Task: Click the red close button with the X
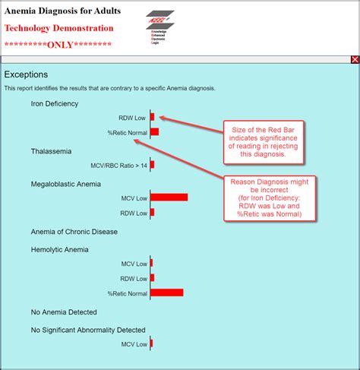click(x=355, y=59)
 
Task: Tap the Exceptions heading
click(x=26, y=74)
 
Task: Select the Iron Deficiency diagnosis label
click(x=55, y=103)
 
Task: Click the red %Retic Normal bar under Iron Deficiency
click(x=154, y=132)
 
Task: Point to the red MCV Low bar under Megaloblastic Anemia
click(x=169, y=198)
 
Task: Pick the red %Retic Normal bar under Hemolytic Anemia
click(x=166, y=293)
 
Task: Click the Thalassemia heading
click(x=51, y=150)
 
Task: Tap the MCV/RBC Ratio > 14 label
click(x=119, y=165)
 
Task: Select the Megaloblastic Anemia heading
click(x=67, y=184)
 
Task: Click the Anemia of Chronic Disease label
click(x=73, y=231)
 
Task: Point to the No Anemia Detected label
click(x=62, y=311)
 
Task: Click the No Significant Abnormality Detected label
click(x=87, y=330)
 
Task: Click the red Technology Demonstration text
click(x=59, y=29)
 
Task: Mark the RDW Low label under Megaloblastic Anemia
click(x=134, y=212)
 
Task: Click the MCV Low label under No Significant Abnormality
click(x=134, y=344)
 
